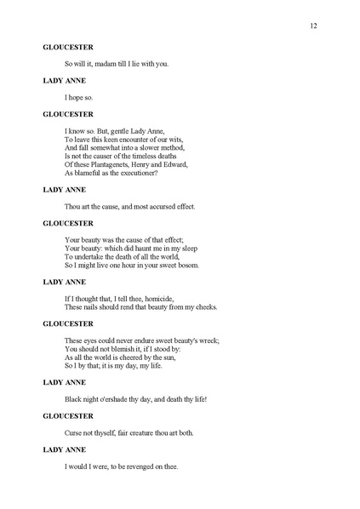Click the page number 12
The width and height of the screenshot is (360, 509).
coord(313,26)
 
